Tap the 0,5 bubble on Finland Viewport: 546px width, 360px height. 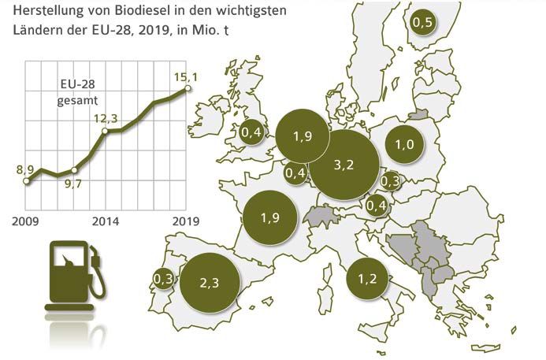(x=423, y=23)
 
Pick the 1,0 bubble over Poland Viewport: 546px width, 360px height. (x=405, y=145)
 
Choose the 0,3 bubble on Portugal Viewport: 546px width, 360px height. (x=164, y=279)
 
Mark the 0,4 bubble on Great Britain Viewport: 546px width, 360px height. (x=252, y=133)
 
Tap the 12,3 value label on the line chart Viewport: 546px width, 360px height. (x=106, y=118)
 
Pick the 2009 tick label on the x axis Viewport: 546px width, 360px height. (x=26, y=222)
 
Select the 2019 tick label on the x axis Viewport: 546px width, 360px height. (x=186, y=222)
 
